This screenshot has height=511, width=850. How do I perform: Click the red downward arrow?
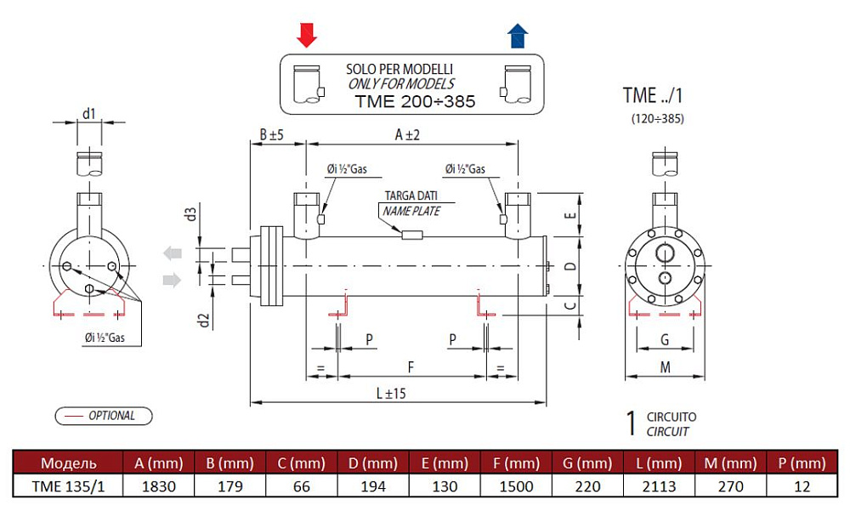coord(307,35)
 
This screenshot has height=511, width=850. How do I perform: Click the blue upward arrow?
coord(518,36)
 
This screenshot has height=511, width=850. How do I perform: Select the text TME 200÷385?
coord(414,101)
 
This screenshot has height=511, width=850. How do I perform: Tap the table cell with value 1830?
coord(159,486)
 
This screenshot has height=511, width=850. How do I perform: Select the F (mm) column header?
coord(515,463)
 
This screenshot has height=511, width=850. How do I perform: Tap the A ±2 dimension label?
coord(408,134)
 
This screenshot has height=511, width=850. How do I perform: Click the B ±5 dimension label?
coord(271,134)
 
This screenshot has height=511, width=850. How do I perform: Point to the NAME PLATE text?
coord(411,210)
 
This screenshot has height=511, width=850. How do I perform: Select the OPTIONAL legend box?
coord(104,416)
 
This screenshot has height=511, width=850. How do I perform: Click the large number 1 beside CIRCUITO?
coord(631,423)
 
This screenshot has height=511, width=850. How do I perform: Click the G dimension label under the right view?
coord(665,340)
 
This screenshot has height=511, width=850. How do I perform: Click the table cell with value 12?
coord(801,486)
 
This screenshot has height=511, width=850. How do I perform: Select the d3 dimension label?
coord(192,213)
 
